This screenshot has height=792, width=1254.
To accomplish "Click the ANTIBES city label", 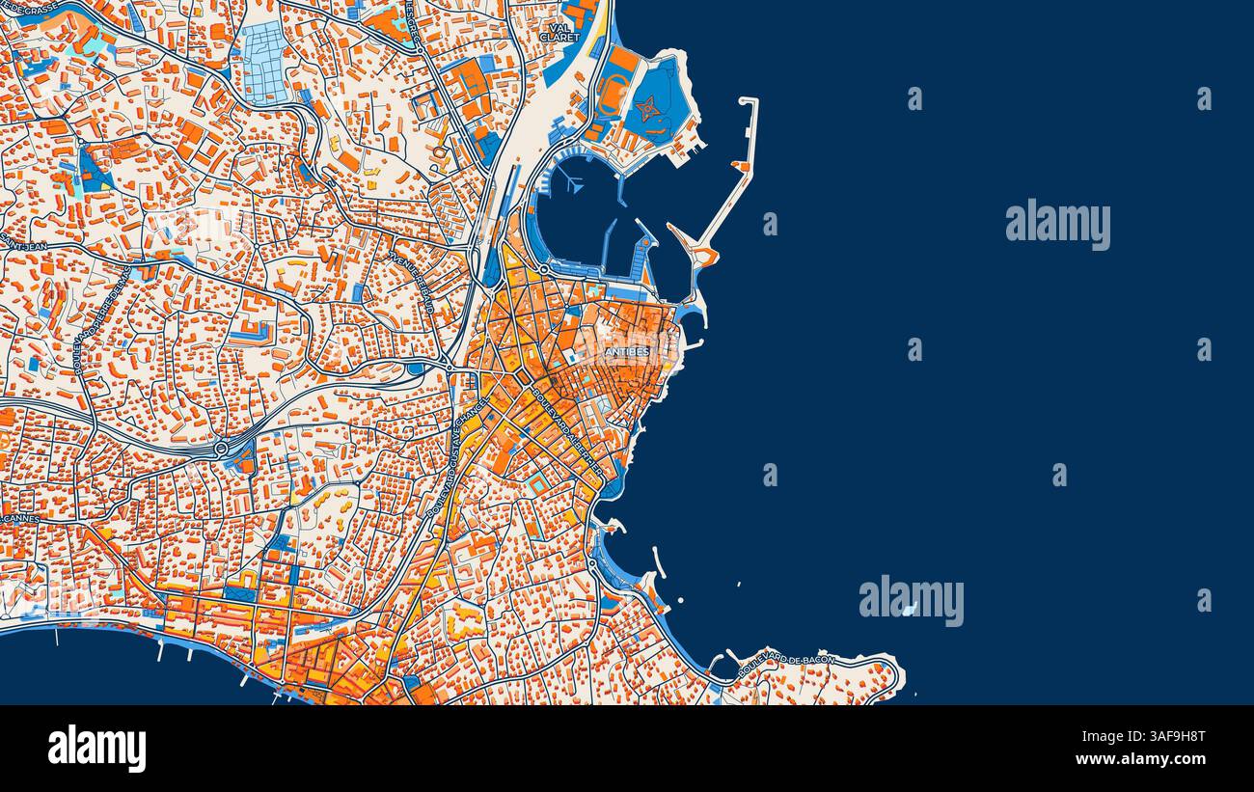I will [x=627, y=352].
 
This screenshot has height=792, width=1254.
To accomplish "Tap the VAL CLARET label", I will [x=559, y=33].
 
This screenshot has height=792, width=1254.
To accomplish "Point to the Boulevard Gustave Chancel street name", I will [x=458, y=457].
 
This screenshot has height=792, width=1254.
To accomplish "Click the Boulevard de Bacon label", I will [x=783, y=664].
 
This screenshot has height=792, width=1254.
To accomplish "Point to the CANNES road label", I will [x=19, y=518].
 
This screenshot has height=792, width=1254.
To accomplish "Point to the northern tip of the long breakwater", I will [x=749, y=100].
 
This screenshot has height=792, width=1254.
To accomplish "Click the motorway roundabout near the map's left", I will [x=221, y=449].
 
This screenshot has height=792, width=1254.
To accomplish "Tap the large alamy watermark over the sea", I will [x=1057, y=224].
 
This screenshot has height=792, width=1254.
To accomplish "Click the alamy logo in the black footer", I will [x=96, y=749].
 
